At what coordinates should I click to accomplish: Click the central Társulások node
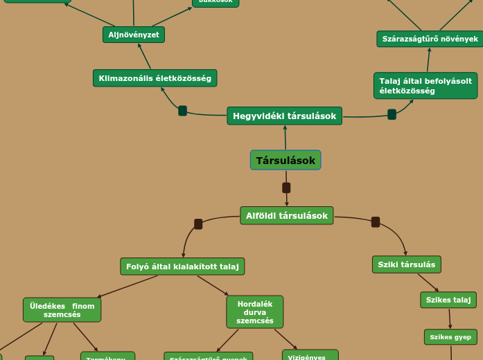click(x=286, y=161)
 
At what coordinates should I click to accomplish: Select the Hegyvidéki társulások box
click(x=284, y=116)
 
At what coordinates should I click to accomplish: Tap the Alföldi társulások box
click(x=286, y=215)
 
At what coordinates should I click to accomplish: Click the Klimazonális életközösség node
click(x=155, y=78)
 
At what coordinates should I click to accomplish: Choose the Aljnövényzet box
click(x=134, y=35)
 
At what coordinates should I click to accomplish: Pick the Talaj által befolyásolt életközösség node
click(x=425, y=86)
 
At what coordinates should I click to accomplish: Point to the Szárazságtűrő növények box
click(x=430, y=39)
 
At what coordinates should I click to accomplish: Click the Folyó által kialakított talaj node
click(x=182, y=267)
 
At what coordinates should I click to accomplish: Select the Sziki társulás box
click(x=406, y=264)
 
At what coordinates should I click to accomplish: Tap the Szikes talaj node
click(x=448, y=300)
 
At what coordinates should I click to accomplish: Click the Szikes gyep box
click(x=450, y=337)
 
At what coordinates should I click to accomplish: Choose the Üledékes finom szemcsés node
click(x=62, y=310)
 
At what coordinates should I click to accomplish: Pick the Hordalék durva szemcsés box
click(x=254, y=312)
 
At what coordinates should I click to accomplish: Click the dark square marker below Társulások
click(x=286, y=188)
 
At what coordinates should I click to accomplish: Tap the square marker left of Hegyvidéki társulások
click(x=182, y=111)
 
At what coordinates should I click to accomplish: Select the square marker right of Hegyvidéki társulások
click(x=392, y=114)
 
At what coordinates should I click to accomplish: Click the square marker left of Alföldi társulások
click(x=198, y=224)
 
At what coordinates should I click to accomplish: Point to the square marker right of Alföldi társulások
click(x=376, y=222)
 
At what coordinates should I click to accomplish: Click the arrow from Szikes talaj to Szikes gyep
click(x=450, y=318)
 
